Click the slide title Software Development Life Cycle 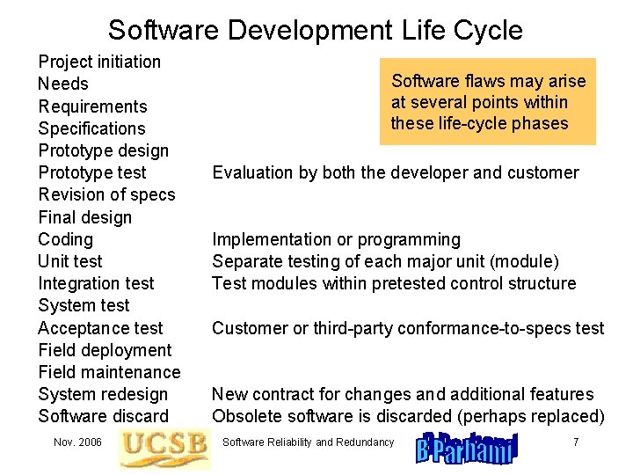(x=315, y=30)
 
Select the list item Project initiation (x=99, y=62)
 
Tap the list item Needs (x=63, y=84)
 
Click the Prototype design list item (x=103, y=150)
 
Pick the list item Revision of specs (x=106, y=194)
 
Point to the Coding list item (x=65, y=239)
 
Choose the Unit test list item (x=69, y=261)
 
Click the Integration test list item (x=96, y=283)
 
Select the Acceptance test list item (x=100, y=328)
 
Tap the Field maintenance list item (x=109, y=372)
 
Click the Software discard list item (x=103, y=416)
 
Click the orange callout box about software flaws (x=488, y=102)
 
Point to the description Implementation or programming (x=336, y=239)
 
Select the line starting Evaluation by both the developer (x=396, y=172)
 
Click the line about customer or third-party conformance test (x=408, y=328)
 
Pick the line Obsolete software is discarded (x=408, y=416)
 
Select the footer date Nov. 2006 (x=77, y=442)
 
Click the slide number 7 (x=576, y=442)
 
